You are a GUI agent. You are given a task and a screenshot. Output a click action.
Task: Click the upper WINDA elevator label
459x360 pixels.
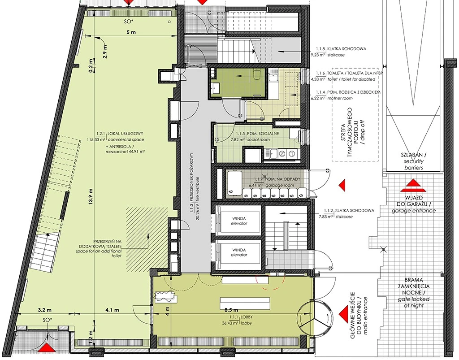click(239, 221)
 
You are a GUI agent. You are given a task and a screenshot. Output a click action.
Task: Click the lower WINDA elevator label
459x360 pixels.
click(239, 252)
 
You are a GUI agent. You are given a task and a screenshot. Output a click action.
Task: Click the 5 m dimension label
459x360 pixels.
click(131, 32)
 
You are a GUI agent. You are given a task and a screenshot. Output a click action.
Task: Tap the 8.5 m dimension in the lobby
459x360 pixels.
click(232, 310)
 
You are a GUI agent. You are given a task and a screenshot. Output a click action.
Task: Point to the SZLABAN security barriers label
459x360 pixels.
click(413, 161)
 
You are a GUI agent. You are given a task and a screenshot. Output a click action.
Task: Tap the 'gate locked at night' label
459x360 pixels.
click(413, 302)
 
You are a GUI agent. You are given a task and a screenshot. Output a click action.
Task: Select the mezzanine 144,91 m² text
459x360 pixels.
click(126, 152)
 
